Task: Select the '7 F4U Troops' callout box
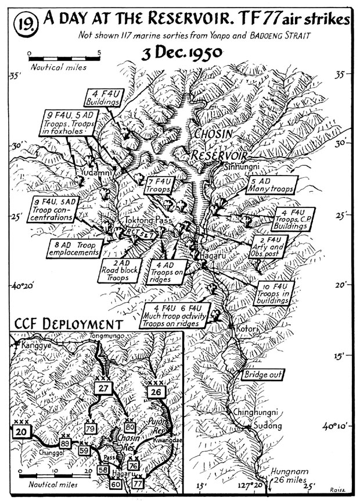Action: point(158,185)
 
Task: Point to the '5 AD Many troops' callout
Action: point(268,185)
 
